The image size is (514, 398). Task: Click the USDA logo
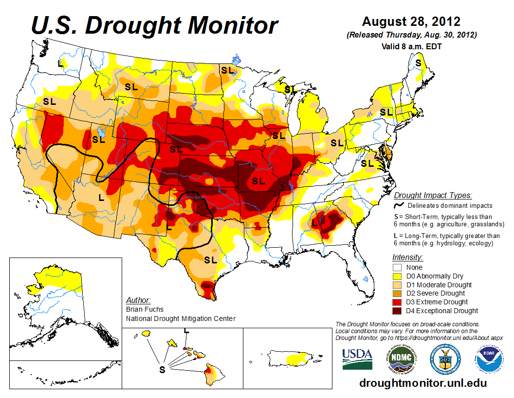point(357,360)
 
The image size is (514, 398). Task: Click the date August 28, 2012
point(411,22)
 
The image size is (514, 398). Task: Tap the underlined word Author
point(138,300)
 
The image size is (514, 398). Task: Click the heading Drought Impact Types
point(433,196)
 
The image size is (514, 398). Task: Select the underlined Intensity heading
point(407,257)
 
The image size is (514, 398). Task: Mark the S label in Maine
point(418,63)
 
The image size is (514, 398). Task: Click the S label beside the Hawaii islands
point(163,370)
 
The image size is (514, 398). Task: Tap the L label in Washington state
point(61,63)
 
